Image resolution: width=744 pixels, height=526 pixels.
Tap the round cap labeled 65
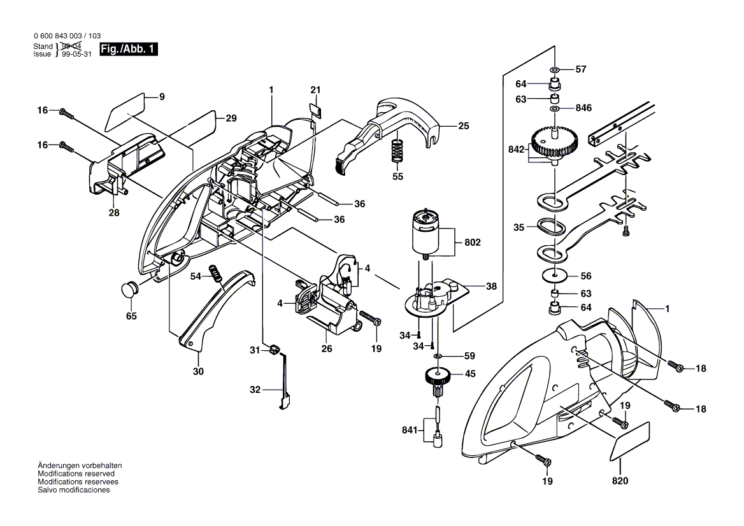pyautogui.click(x=130, y=288)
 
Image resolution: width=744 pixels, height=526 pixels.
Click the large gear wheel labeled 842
pyautogui.click(x=555, y=143)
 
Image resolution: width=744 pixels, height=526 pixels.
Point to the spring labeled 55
pyautogui.click(x=397, y=153)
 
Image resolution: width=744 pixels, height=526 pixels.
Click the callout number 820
pyautogui.click(x=620, y=481)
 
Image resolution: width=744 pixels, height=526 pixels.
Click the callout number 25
pyautogui.click(x=463, y=126)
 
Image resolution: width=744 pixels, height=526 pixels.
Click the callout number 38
pyautogui.click(x=491, y=287)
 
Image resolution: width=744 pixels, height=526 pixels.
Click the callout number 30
pyautogui.click(x=198, y=371)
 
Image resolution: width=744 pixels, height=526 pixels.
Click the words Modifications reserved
pyautogui.click(x=76, y=474)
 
